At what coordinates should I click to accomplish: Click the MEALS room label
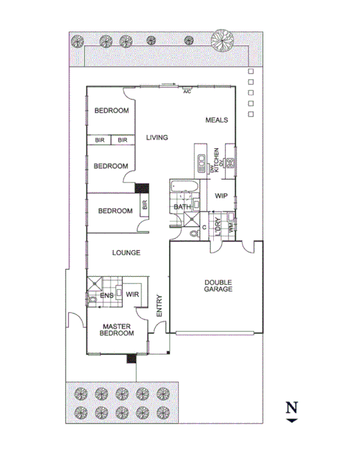point(217,120)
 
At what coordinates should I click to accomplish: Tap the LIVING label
point(157,137)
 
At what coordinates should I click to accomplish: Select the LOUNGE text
point(126,253)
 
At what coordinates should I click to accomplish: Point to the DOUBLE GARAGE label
point(219,286)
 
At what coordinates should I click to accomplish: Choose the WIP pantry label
point(222,196)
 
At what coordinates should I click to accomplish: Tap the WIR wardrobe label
point(132,294)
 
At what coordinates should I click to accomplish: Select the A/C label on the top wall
point(187,91)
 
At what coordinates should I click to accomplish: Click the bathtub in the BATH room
point(181,187)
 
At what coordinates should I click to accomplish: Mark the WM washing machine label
point(231,229)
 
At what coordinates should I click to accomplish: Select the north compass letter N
point(292,407)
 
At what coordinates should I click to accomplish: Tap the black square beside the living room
point(141,190)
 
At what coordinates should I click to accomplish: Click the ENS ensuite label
point(105,294)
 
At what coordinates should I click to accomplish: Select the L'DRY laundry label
point(217,227)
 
